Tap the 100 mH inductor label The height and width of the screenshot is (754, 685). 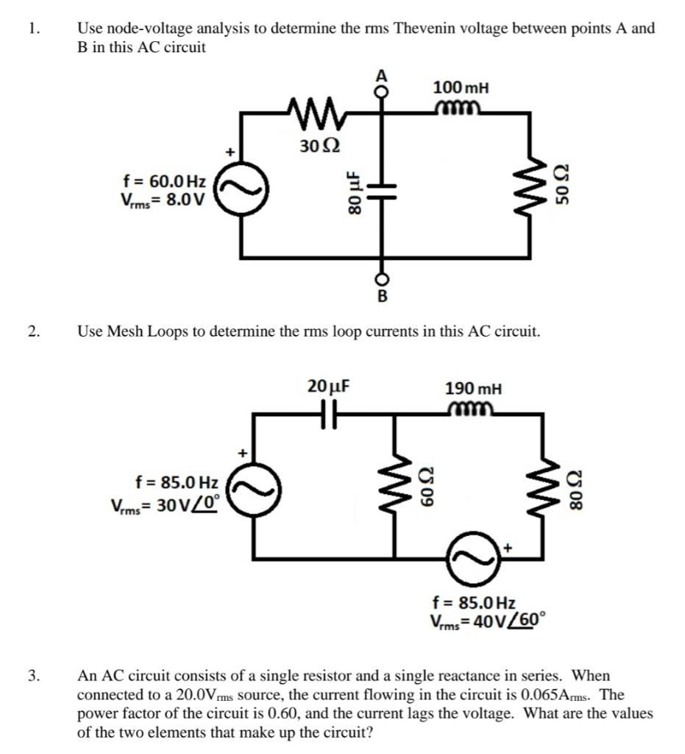point(461,88)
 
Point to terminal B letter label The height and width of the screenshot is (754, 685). point(381,297)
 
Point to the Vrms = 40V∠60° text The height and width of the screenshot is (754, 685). point(487,619)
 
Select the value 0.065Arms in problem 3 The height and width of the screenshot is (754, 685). point(554,694)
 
